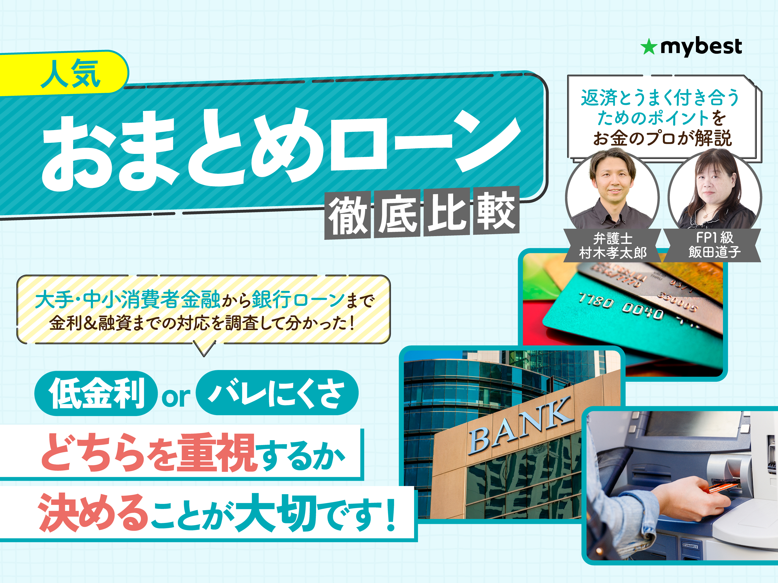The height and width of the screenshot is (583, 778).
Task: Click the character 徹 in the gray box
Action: click(x=348, y=215)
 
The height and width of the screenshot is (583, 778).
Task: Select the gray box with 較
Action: click(x=496, y=211)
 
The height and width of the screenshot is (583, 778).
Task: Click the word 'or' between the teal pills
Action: click(x=176, y=397)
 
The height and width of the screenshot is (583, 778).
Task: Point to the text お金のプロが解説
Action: click(x=663, y=138)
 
